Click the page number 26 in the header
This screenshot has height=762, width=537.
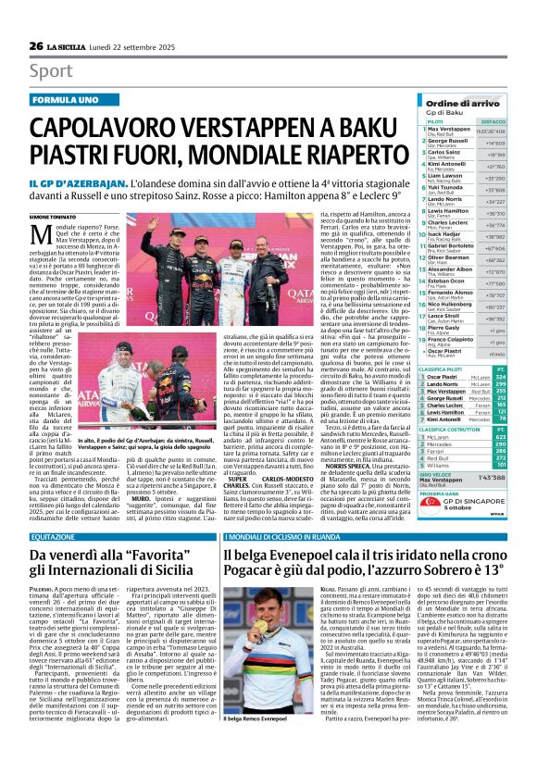36,19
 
